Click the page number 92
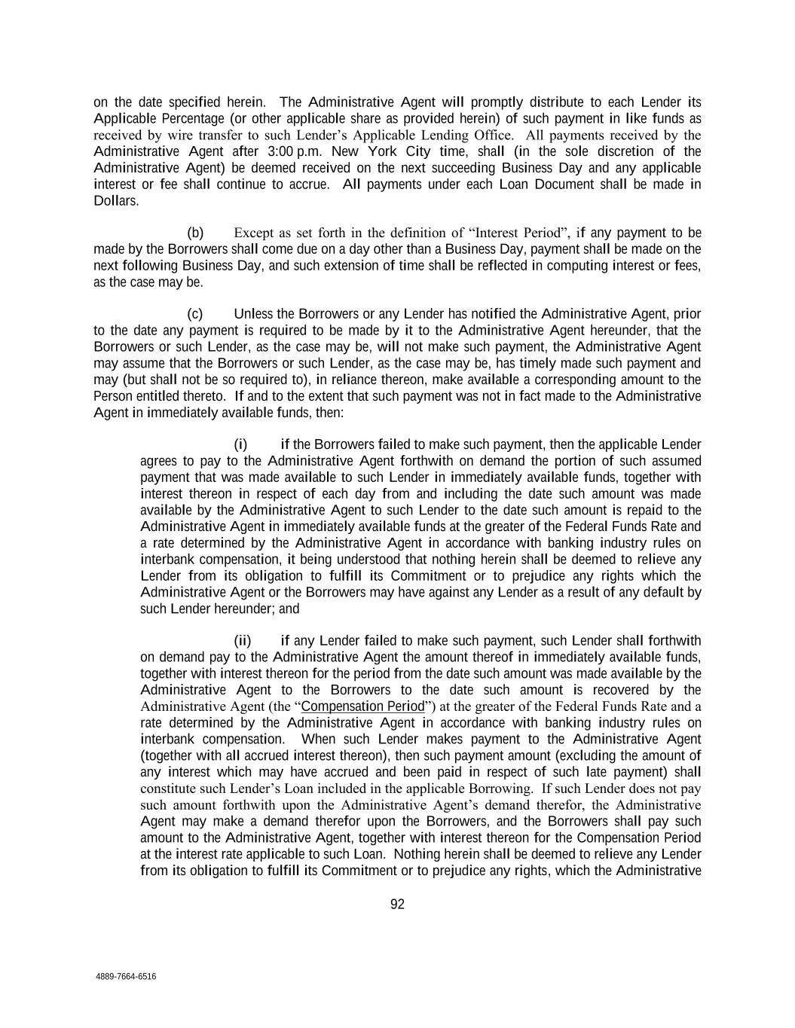[x=397, y=904]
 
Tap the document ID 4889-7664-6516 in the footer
[x=126, y=977]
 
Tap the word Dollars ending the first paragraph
[x=116, y=201]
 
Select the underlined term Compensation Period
[x=362, y=706]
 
